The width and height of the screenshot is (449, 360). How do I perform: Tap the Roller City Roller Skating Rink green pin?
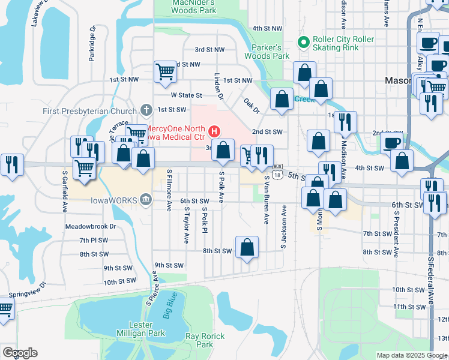point(304,43)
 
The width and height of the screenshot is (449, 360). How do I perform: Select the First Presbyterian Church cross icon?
point(145,110)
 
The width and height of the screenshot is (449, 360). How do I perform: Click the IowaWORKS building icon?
point(145,200)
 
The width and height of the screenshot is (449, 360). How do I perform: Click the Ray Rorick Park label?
point(199,340)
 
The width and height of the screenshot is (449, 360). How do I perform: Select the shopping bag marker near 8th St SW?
point(247,247)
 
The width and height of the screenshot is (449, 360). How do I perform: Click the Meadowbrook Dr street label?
point(91,227)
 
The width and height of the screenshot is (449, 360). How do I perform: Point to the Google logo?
point(20,353)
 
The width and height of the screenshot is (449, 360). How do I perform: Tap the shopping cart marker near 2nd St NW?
point(165,71)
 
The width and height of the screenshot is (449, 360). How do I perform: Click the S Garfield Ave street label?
point(65,191)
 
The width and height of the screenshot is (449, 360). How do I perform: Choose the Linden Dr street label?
point(218,86)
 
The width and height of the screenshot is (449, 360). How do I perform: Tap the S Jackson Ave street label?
point(283,228)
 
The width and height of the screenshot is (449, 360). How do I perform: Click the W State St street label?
point(186,95)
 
